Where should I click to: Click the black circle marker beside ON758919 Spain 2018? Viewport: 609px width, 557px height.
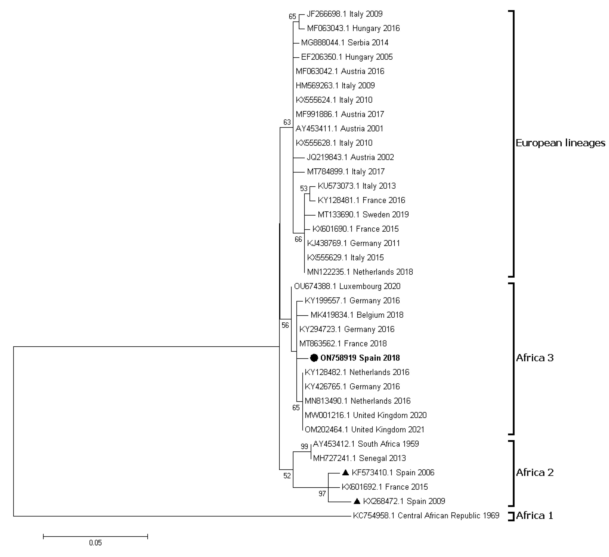tap(314, 358)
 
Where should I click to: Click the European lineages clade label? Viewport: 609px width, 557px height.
tap(560, 143)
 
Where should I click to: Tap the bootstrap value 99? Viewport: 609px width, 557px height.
tap(304, 446)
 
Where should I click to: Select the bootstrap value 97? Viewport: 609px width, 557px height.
tap(322, 494)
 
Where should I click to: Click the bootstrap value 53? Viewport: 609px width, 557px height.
tap(304, 189)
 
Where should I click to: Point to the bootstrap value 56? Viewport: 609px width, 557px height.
tap(285, 325)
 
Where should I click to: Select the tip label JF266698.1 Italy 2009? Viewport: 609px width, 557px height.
tap(344, 14)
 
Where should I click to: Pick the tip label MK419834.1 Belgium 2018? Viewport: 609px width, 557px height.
tap(357, 315)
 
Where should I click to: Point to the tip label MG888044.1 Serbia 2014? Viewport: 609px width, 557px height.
tap(345, 43)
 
